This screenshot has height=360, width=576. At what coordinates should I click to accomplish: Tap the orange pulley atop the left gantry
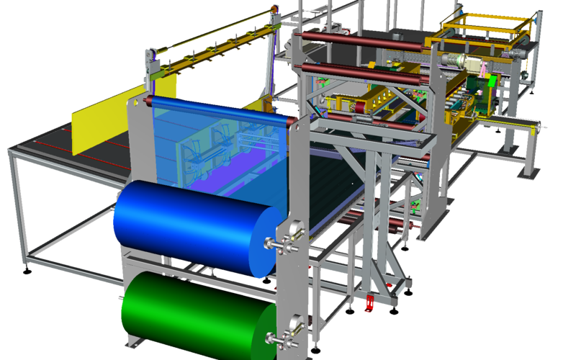[273, 8]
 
